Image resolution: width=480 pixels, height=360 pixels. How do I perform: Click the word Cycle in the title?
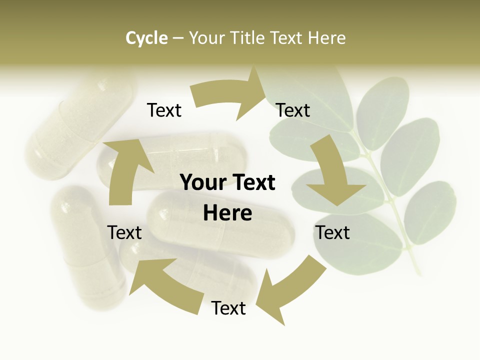(146, 38)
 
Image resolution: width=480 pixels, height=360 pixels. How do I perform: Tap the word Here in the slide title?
(327, 38)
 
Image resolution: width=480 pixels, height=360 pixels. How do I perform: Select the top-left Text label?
(164, 110)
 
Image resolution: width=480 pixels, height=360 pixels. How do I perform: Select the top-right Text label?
(293, 110)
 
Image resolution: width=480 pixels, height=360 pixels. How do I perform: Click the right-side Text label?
(332, 232)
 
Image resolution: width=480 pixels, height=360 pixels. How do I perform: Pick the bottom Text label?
(228, 308)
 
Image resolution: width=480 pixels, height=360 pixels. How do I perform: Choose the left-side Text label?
(124, 232)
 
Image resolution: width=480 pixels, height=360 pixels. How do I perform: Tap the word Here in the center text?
(227, 213)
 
